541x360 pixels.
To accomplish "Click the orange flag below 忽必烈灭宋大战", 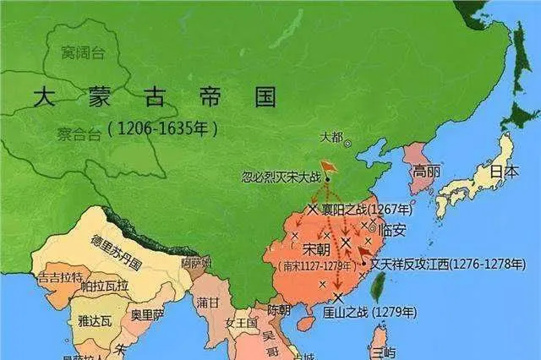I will [327, 168].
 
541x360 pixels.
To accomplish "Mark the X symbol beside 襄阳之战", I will [313, 208].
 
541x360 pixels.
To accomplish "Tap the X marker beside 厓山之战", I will [337, 297].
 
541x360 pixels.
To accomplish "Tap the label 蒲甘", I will [207, 301].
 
